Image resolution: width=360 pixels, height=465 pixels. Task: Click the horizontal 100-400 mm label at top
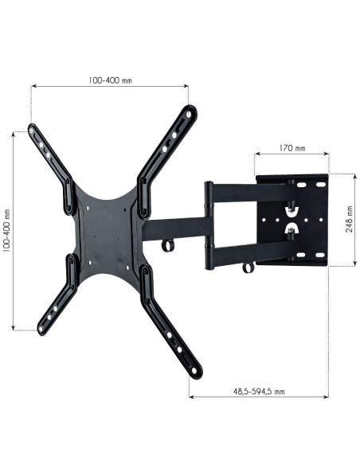point(110,80)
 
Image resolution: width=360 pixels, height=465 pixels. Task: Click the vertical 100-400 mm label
point(6,231)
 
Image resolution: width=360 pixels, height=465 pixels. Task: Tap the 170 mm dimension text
point(292,147)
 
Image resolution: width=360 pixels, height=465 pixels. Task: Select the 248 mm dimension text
point(350,219)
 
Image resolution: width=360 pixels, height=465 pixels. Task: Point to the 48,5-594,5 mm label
point(259,392)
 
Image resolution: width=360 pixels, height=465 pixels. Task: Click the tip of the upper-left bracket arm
point(31,128)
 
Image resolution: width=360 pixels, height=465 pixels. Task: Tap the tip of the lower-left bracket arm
point(41,330)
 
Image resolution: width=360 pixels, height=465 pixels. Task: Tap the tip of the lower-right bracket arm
point(196,372)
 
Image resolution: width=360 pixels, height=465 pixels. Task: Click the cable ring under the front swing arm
point(168,246)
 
